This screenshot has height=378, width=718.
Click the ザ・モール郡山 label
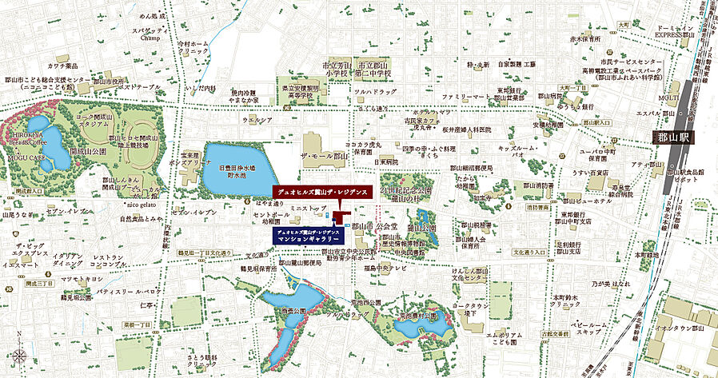pyautogui.click(x=324, y=156)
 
